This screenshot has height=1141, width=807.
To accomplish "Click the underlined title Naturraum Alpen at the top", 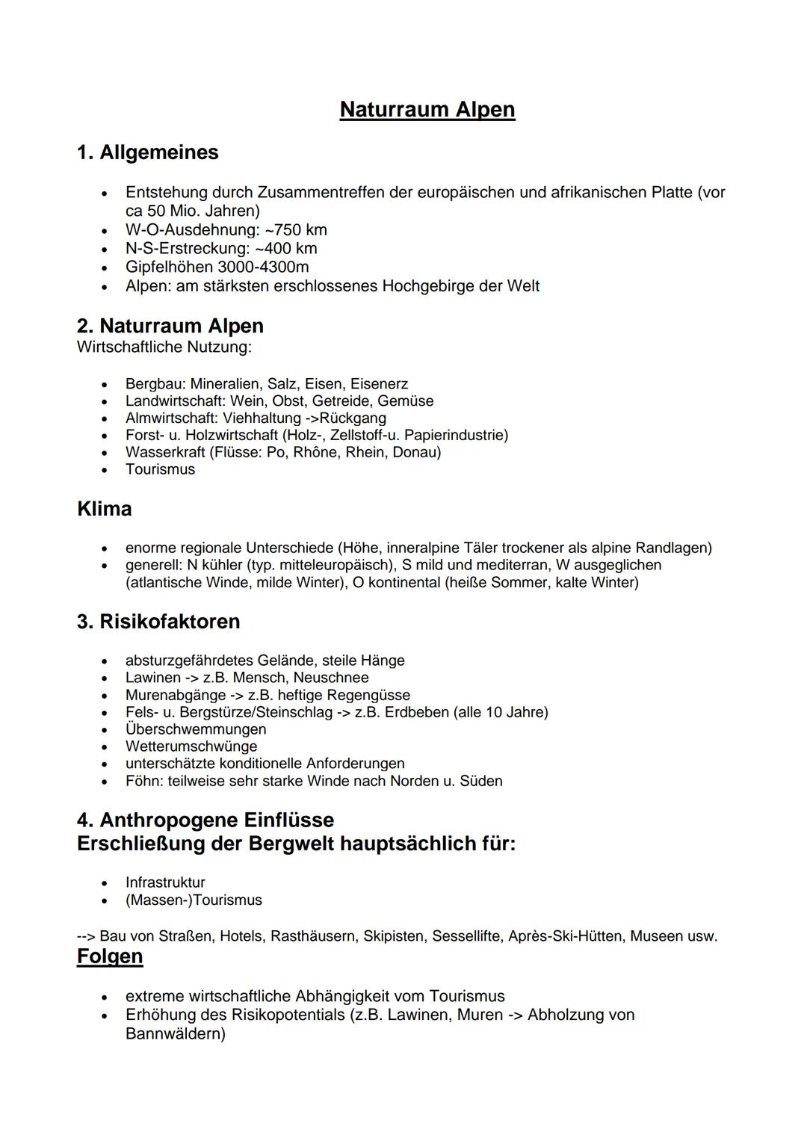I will pos(427,110).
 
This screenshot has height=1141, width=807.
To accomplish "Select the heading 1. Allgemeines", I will pos(147,152).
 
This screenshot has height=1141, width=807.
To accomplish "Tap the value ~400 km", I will pos(286,248).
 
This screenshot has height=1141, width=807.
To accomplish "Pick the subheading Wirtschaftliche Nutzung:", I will pos(164,347).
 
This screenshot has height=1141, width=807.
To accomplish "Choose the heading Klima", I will pos(104,509).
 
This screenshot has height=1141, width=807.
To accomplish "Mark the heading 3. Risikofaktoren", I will pos(158,622).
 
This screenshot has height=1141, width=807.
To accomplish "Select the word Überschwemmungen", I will pos(196,729).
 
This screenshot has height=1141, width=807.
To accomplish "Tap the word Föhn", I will pos(141,781).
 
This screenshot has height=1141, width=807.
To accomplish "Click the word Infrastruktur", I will pos(165,882).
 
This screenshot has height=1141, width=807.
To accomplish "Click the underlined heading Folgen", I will pos(109,956).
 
